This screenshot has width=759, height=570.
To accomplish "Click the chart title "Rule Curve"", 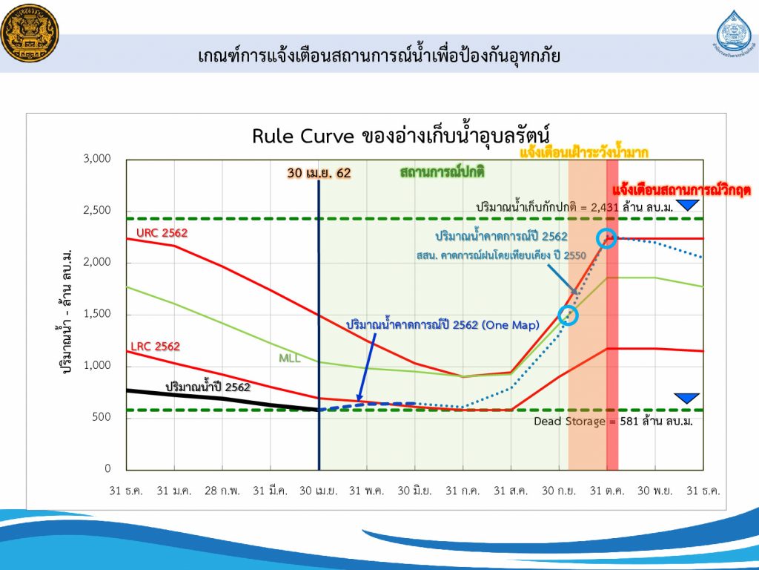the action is [303, 137].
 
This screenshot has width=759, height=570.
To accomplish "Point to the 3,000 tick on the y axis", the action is [97, 159].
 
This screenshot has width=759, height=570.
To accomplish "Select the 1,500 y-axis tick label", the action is [97, 314].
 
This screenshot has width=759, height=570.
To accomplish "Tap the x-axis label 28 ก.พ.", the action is [222, 491].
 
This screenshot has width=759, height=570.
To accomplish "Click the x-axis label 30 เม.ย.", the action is [318, 491].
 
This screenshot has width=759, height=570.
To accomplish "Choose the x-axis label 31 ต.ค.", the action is [607, 491].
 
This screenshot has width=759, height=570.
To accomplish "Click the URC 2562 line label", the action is [162, 232].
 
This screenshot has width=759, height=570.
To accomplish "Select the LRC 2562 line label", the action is [155, 346].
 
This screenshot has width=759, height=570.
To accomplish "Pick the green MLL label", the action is [290, 358].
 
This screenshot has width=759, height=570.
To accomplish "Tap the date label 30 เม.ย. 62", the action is [319, 173].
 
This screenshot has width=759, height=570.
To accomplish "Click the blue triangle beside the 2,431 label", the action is [687, 205].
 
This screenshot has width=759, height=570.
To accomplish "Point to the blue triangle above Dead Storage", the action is [687, 398].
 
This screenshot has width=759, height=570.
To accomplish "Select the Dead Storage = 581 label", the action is [613, 421].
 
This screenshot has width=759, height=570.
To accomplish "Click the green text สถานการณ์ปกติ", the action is [443, 171].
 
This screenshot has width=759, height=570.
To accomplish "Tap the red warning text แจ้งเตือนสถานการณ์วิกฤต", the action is [681, 189].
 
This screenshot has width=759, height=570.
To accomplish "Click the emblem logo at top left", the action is [30, 33].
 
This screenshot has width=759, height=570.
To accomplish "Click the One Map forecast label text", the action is [443, 324].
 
